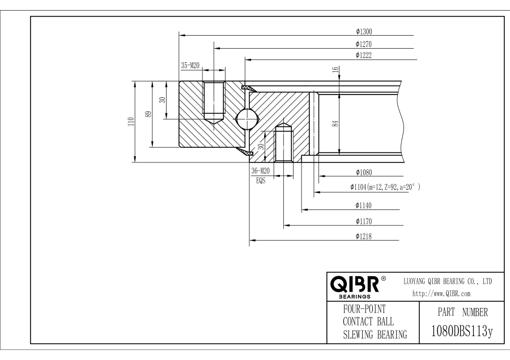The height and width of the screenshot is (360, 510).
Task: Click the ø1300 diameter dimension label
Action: pyautogui.click(x=363, y=31)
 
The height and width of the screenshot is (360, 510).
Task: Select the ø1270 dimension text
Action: pyautogui.click(x=363, y=44)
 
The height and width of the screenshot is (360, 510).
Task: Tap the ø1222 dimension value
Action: pyautogui.click(x=363, y=55)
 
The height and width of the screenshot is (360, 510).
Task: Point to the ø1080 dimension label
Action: pyautogui.click(x=363, y=172)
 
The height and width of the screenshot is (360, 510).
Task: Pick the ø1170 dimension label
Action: pyautogui.click(x=363, y=221)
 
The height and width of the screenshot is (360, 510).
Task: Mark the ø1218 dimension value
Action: pyautogui.click(x=363, y=236)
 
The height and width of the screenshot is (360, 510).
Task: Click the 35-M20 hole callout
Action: pyautogui.click(x=190, y=66)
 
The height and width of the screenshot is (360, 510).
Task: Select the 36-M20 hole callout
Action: pyautogui.click(x=260, y=171)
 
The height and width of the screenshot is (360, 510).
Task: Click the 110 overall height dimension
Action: pyautogui.click(x=131, y=121)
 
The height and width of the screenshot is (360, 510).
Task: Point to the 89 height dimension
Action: pyautogui.click(x=149, y=114)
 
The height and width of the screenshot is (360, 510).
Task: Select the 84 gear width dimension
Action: pyautogui.click(x=335, y=123)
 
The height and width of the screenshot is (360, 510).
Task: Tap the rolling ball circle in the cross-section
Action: pyautogui.click(x=247, y=119)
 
